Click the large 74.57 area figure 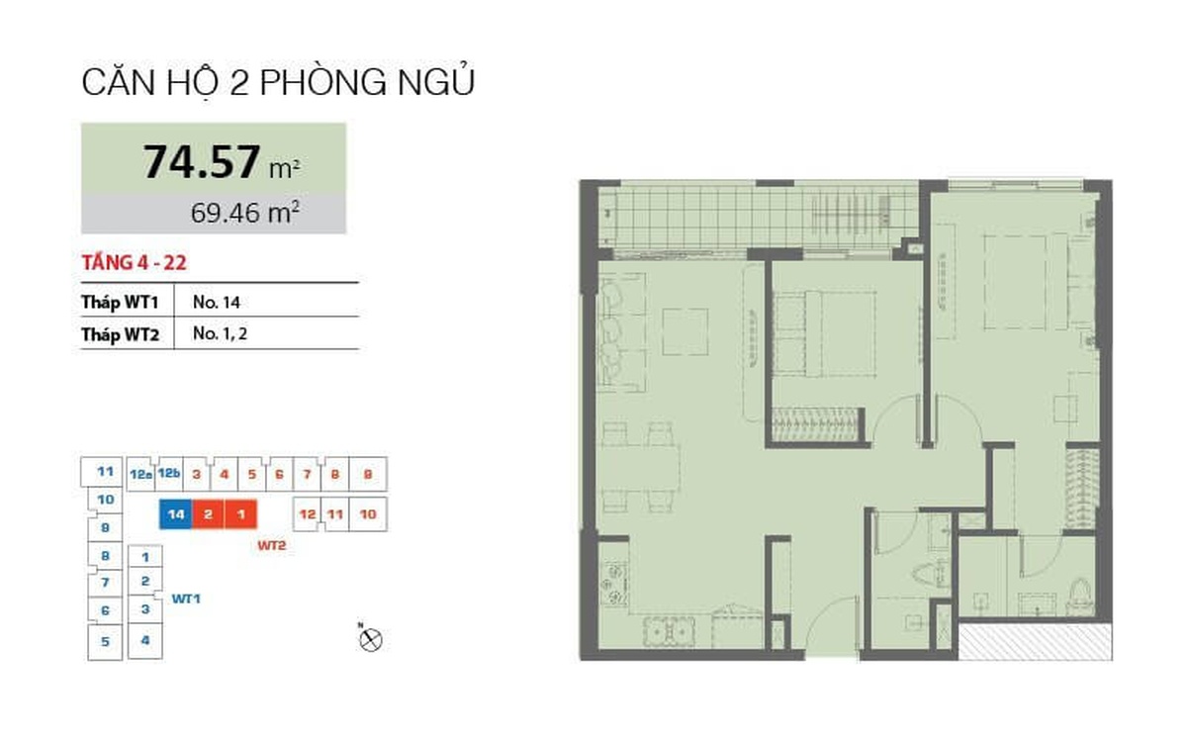pyautogui.click(x=202, y=161)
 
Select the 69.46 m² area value pyautogui.click(x=245, y=213)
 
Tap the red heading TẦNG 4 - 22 pyautogui.click(x=135, y=263)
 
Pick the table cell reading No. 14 pyautogui.click(x=217, y=302)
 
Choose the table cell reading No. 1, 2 pyautogui.click(x=220, y=333)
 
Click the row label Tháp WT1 pyautogui.click(x=121, y=302)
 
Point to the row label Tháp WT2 pyautogui.click(x=121, y=334)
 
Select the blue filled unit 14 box pyautogui.click(x=176, y=514)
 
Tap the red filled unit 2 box pyautogui.click(x=209, y=514)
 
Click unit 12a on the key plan pyautogui.click(x=140, y=474)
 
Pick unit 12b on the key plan pyautogui.click(x=169, y=473)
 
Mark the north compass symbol pyautogui.click(x=370, y=639)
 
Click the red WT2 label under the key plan pyautogui.click(x=272, y=545)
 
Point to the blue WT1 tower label pyautogui.click(x=186, y=599)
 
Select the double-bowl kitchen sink pyautogui.click(x=669, y=632)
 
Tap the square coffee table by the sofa pyautogui.click(x=685, y=331)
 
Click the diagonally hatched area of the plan pyautogui.click(x=1036, y=641)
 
